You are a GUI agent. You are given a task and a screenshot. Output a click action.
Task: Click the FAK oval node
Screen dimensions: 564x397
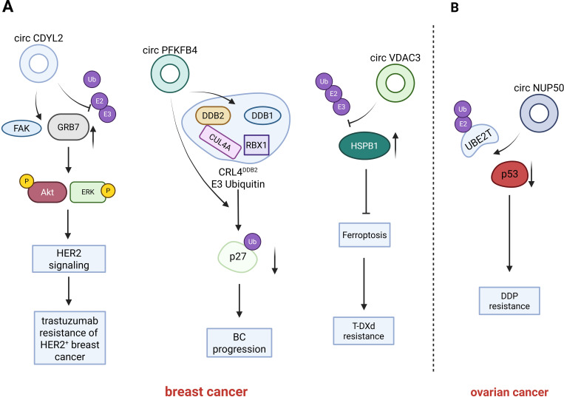(x=21, y=129)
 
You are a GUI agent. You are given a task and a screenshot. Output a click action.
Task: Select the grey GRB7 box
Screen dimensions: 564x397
(x=68, y=127)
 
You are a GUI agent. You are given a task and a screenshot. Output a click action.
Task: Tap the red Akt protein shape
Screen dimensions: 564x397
(x=47, y=192)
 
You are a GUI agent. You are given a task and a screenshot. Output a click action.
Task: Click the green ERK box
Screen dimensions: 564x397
(x=88, y=192)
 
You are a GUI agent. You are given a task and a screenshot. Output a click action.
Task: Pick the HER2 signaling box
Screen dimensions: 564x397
(x=69, y=259)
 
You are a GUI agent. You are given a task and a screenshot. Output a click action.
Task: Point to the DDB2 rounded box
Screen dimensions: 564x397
(x=213, y=115)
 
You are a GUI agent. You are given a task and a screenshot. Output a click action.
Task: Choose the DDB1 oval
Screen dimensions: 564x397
(x=262, y=115)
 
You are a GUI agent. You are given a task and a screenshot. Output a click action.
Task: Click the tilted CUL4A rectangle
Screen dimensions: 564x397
(x=220, y=142)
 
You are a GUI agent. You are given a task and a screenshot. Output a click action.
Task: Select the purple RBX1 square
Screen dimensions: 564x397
(x=256, y=145)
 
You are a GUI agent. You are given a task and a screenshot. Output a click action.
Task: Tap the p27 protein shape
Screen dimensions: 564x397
(x=238, y=257)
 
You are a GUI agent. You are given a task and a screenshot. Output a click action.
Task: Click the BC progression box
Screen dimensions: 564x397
(x=239, y=343)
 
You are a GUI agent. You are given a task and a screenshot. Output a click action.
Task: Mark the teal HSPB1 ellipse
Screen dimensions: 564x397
(x=364, y=146)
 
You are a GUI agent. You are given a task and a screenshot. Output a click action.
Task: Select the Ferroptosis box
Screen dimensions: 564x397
(x=364, y=235)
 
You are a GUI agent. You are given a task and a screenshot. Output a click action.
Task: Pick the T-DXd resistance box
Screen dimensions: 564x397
(x=364, y=331)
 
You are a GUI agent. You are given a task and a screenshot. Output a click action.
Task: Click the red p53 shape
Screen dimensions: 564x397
(x=509, y=174)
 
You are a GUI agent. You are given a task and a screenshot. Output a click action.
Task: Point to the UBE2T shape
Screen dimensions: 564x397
(x=480, y=143)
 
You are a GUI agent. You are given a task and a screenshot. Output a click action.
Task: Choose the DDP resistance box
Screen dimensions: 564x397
(x=509, y=301)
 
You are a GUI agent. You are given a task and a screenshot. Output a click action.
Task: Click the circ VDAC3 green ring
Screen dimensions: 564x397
(x=395, y=84)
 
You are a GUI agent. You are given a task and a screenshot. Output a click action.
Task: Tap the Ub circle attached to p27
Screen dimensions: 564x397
(x=253, y=242)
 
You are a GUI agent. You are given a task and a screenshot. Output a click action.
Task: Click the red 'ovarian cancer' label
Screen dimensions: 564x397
(x=509, y=392)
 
